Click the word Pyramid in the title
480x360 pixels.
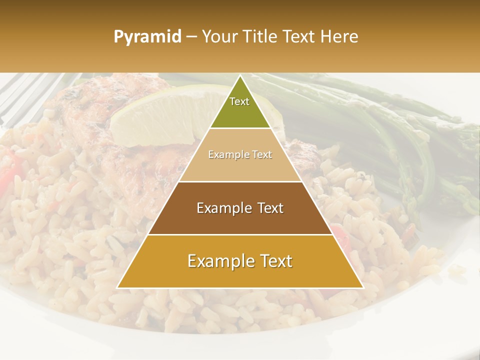pyautogui.click(x=147, y=37)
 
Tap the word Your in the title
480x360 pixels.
pyautogui.click(x=220, y=36)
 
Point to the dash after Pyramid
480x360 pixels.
pyautogui.click(x=191, y=37)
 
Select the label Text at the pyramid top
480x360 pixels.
pyautogui.click(x=239, y=101)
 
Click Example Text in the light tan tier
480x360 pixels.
pyautogui.click(x=240, y=155)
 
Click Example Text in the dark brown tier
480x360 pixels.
pyautogui.click(x=240, y=208)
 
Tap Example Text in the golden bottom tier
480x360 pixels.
pyautogui.click(x=240, y=261)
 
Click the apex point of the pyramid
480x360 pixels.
pyautogui.click(x=240, y=76)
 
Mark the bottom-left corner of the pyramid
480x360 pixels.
pyautogui.click(x=117, y=287)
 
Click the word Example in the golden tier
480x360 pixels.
pyautogui.click(x=216, y=261)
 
